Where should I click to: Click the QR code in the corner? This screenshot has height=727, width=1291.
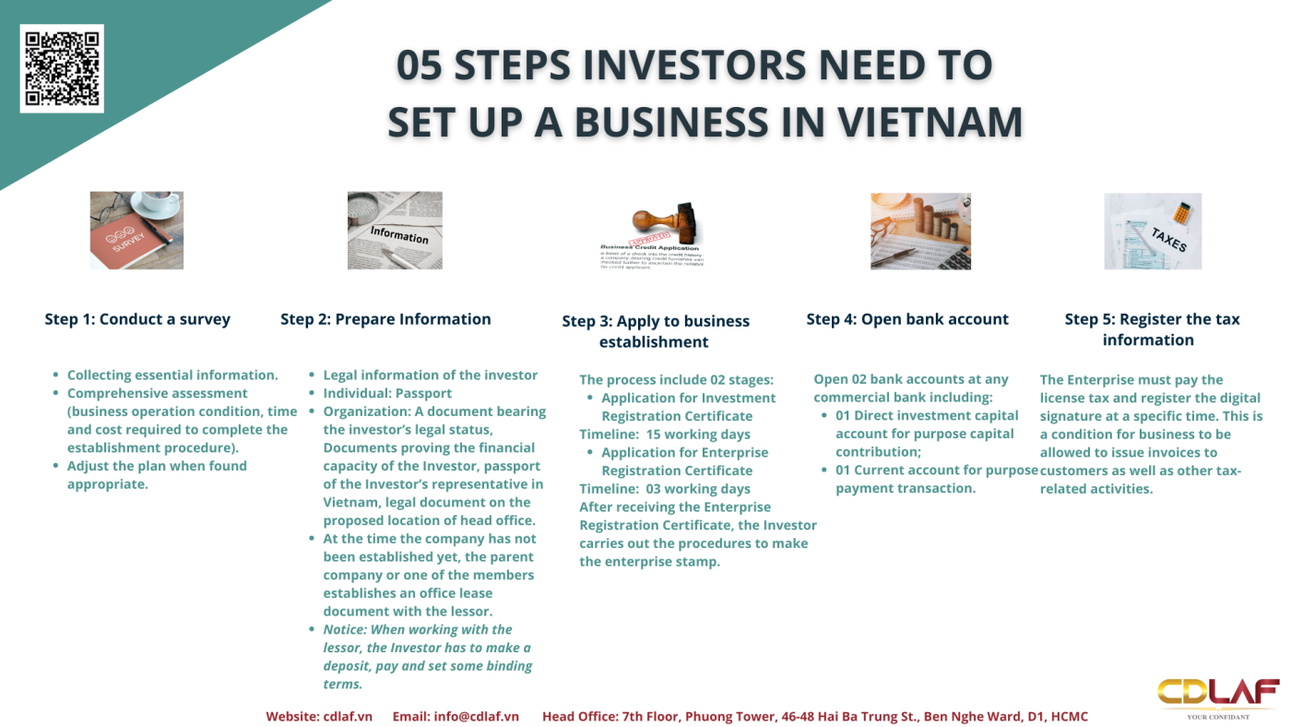point(62,68)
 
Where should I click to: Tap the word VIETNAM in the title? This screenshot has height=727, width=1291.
point(930,122)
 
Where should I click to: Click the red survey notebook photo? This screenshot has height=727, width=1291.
point(136,230)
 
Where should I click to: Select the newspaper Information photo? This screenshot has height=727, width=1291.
point(395,230)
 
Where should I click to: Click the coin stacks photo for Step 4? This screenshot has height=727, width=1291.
point(920,232)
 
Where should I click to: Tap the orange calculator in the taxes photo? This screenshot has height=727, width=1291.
point(1182,213)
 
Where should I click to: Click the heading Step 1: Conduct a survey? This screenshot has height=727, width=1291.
point(137,319)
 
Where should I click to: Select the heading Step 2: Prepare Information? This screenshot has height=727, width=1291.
point(385,319)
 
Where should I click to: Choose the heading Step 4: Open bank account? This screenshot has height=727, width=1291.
point(907,319)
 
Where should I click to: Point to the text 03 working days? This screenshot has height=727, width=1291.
point(698,489)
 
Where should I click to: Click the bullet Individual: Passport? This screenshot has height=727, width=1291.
point(387,393)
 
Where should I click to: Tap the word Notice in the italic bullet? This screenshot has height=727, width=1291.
point(343,629)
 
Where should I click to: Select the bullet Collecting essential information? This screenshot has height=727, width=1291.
point(172,375)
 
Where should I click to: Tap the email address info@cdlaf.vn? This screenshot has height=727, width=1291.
point(476,717)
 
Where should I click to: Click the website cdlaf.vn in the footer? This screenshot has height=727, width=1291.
point(348,717)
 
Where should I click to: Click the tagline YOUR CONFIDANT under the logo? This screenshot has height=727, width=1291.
point(1218,717)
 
